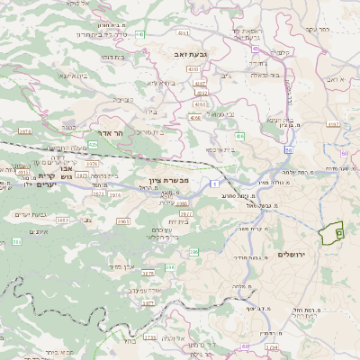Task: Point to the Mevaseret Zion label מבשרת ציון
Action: point(167,181)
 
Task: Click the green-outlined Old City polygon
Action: point(332,233)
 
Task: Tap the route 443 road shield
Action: point(141,35)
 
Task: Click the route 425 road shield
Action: point(118,144)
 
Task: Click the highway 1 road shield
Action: point(216,183)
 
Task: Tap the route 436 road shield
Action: point(240,136)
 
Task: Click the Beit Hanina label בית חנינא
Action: point(274,119)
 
